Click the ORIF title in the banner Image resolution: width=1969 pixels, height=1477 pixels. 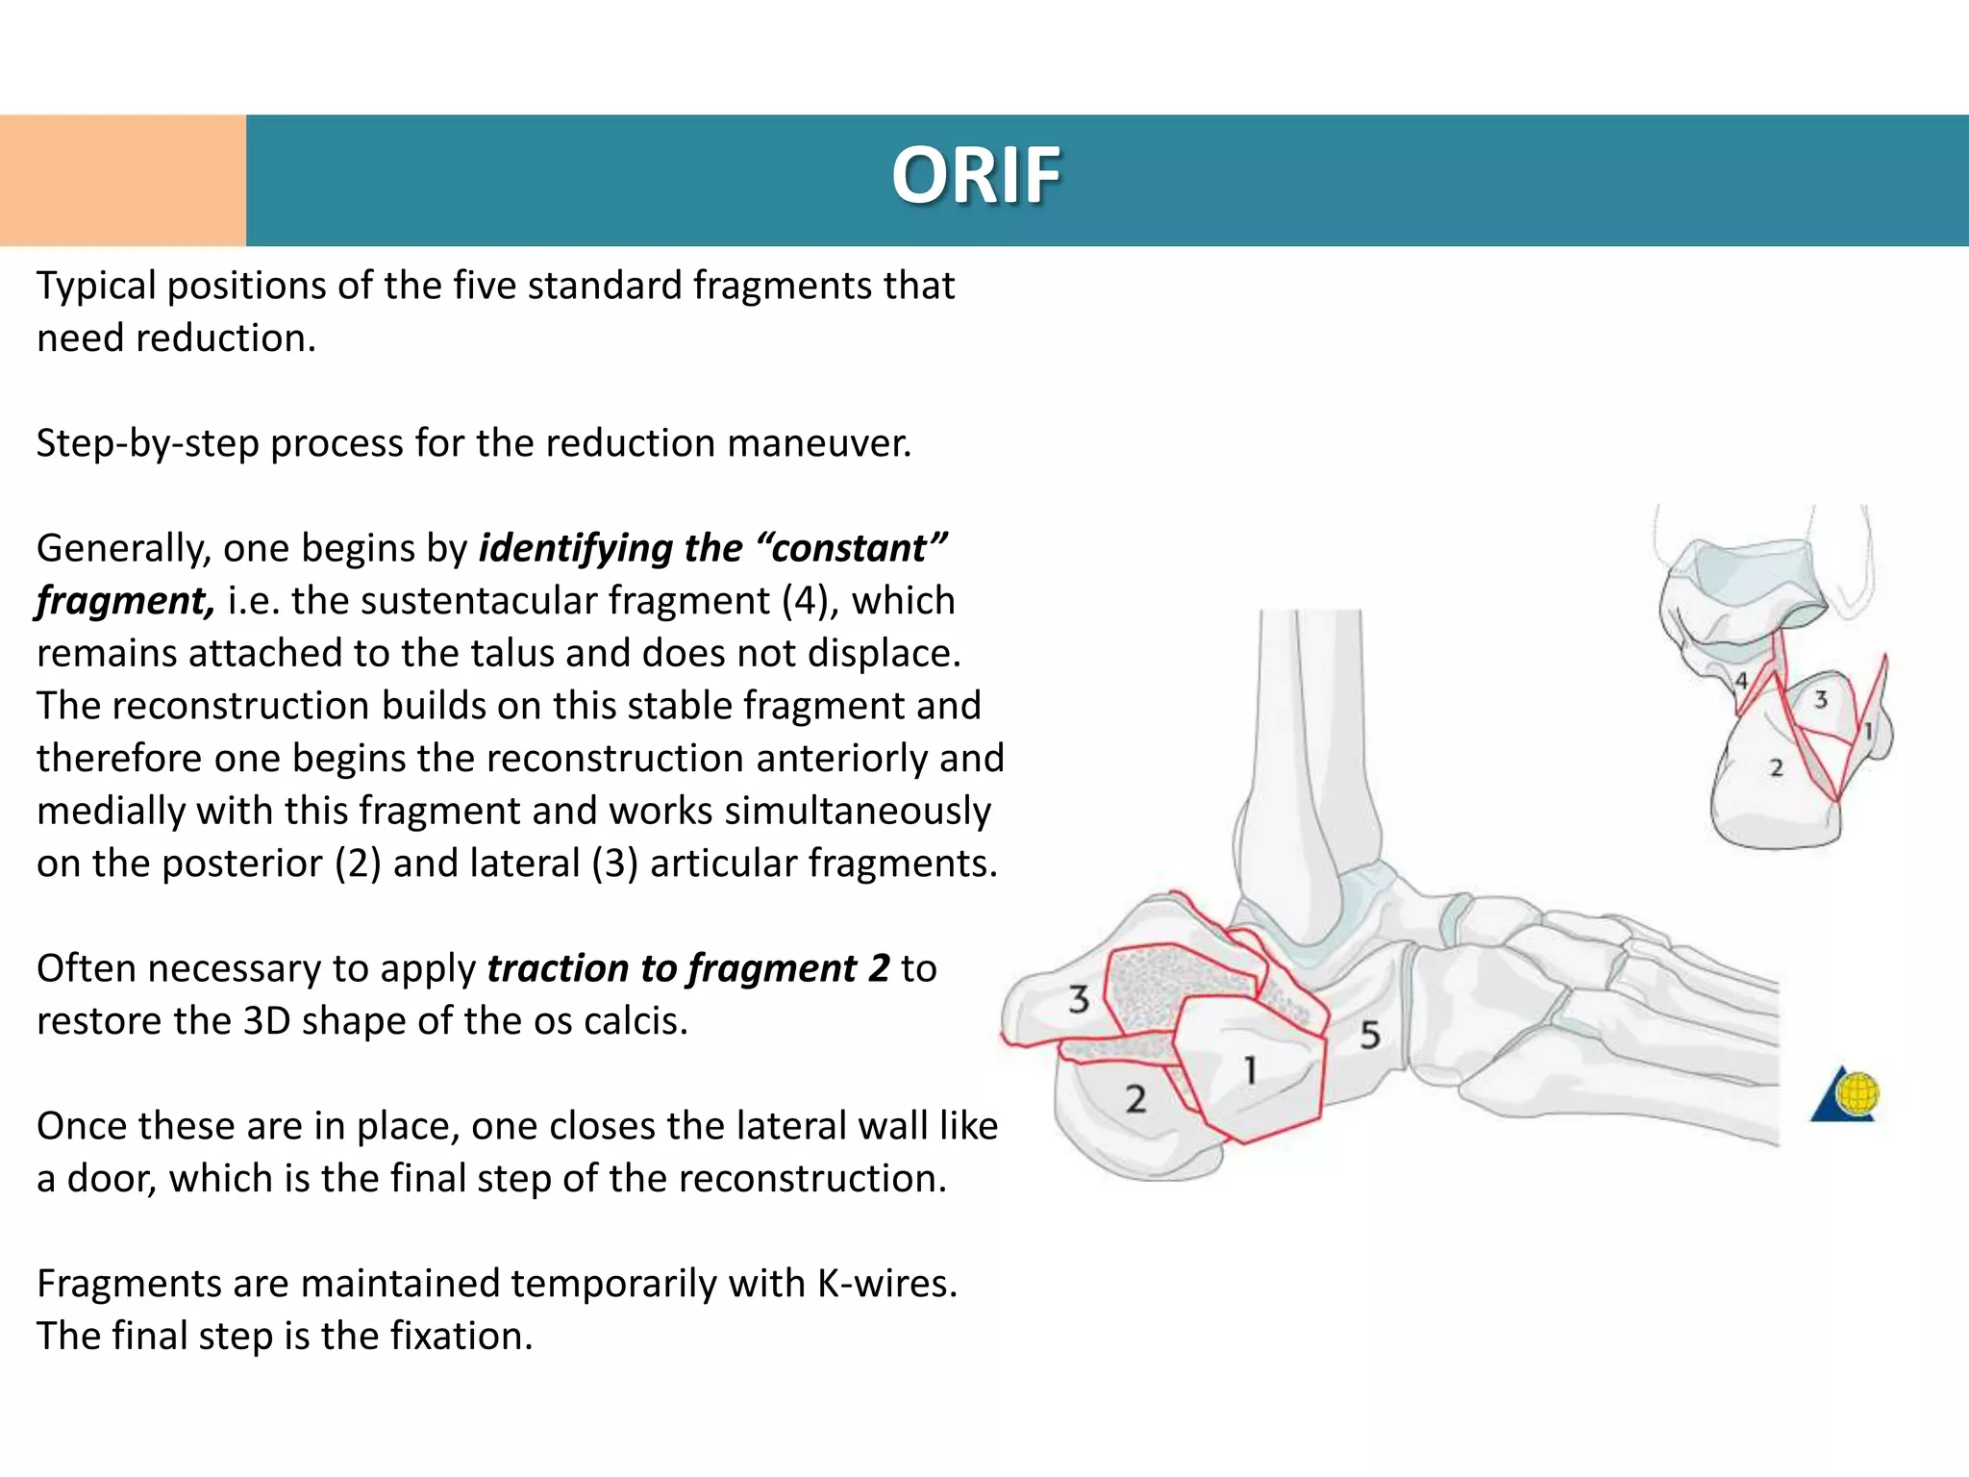pos(975,176)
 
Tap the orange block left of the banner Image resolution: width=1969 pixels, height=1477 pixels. pos(122,180)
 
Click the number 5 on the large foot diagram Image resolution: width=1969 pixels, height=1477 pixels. pos(1370,1036)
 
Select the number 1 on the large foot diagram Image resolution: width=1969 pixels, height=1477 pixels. pos(1250,1070)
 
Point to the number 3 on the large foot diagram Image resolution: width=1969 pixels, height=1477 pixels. pos(1079,999)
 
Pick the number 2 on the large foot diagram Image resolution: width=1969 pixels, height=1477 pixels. pos(1135,1099)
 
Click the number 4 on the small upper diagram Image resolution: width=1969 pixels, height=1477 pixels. pos(1741,681)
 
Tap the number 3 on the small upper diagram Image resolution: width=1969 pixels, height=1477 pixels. pos(1820,700)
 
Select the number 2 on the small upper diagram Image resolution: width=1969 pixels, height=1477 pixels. pos(1776,768)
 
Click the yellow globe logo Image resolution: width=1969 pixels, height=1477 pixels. pos(1857,1094)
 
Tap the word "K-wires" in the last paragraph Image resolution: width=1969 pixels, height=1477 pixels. pos(886,1284)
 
